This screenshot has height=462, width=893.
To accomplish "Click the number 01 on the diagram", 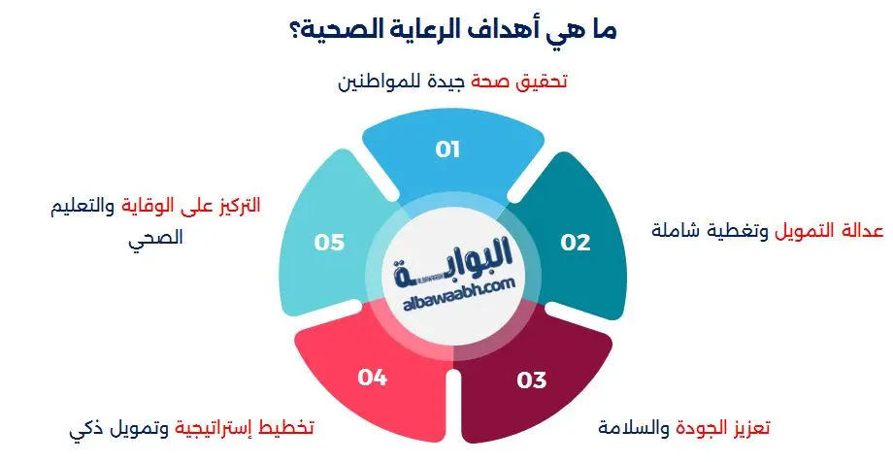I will (447, 149).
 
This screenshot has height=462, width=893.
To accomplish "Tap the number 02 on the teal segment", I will (576, 243).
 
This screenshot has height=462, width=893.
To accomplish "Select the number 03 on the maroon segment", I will (532, 379).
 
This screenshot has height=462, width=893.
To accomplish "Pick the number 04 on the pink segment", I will (373, 377).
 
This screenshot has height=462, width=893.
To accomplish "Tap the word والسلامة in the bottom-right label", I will (621, 427).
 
